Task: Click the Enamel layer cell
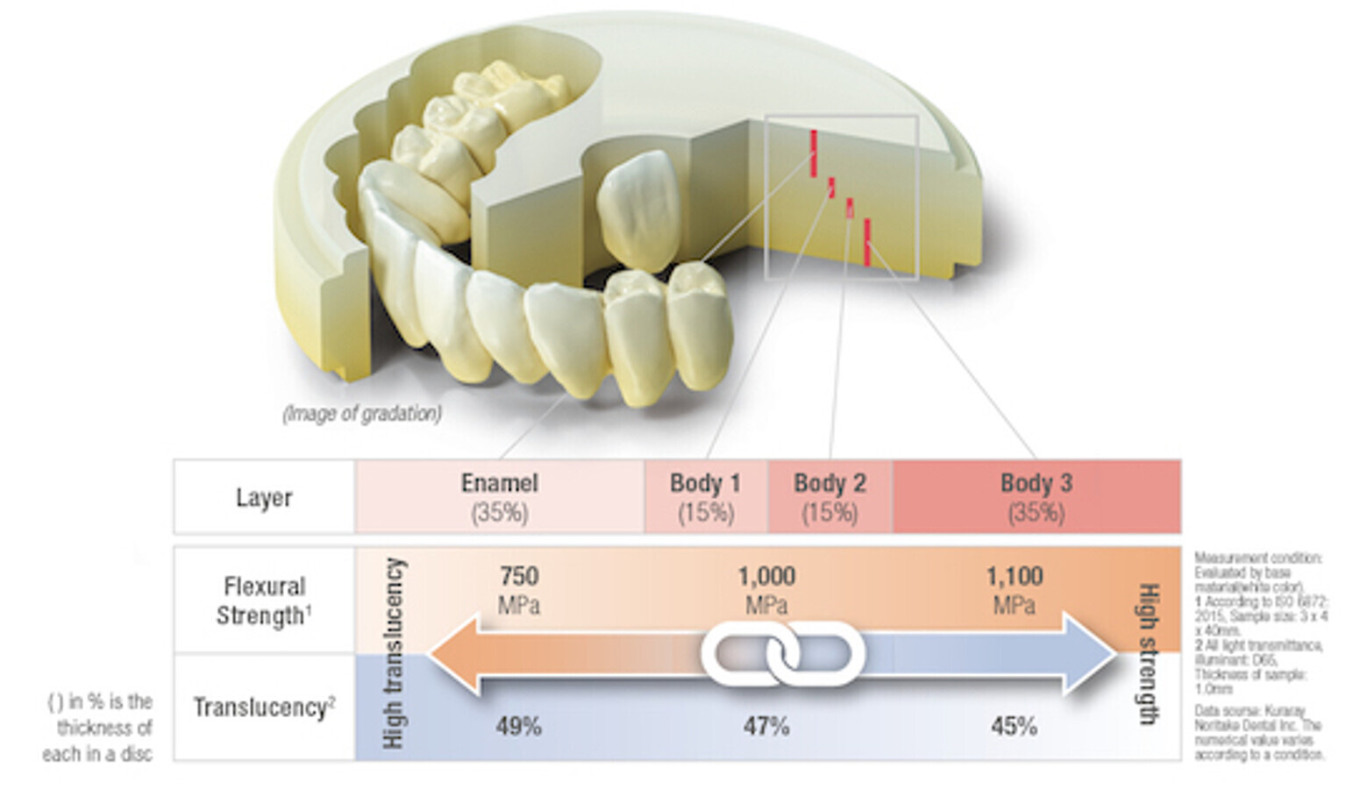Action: point(500,496)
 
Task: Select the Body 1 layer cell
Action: point(705,496)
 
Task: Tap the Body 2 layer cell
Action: point(830,496)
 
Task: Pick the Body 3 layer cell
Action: point(1036,496)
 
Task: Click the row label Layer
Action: point(264,497)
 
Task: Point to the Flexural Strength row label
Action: point(264,601)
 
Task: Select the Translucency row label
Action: point(264,707)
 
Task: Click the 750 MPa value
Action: point(518,589)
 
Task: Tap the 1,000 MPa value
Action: point(766,589)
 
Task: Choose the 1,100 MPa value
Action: point(1015,589)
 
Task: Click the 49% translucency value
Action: point(518,726)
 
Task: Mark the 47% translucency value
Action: point(766,726)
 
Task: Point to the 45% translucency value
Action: point(1015,726)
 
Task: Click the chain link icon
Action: point(782,654)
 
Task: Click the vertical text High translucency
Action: point(394,653)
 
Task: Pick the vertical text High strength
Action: point(1148,653)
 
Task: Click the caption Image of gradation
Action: point(362,413)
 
